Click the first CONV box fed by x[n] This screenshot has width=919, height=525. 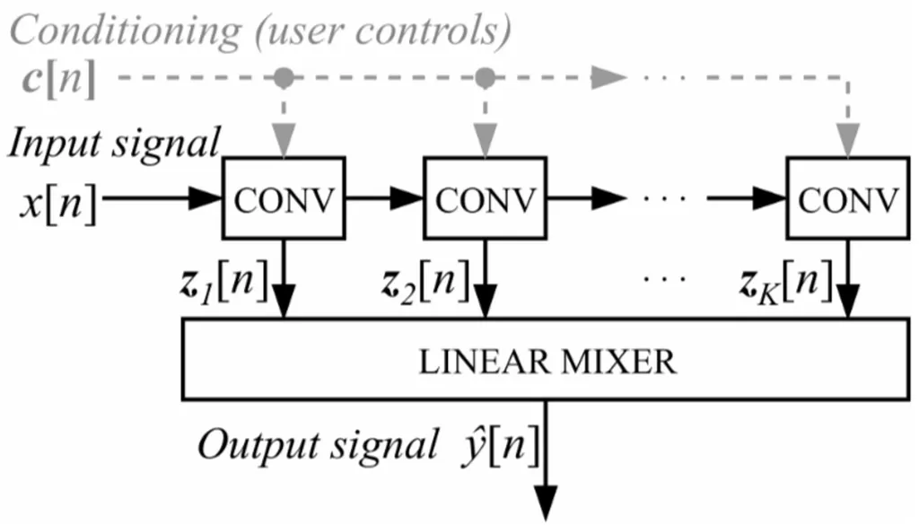283,199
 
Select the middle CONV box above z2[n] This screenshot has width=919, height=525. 485,199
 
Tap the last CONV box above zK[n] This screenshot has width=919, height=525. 847,199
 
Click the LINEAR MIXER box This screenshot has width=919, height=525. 547,361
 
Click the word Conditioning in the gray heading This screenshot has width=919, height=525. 127,31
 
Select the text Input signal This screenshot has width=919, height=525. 114,143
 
